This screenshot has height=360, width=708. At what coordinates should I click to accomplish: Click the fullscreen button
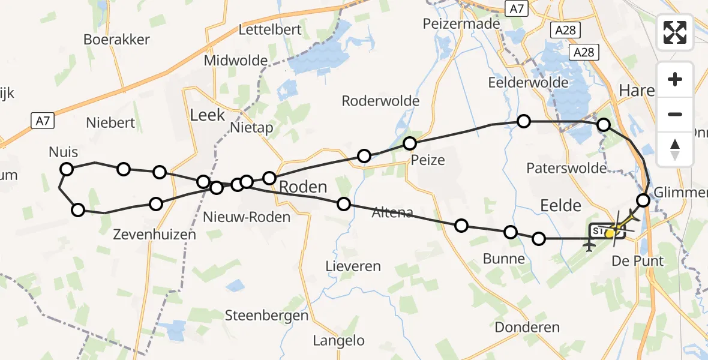tap(675, 32)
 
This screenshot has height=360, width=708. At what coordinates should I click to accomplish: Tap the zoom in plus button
tap(675, 79)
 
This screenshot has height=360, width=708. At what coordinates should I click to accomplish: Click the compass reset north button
tap(675, 148)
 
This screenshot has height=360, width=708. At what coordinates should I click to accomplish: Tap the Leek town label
tap(207, 115)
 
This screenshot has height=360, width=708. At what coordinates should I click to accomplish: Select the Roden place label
tap(303, 187)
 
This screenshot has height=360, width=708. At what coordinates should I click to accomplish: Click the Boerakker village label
tap(116, 40)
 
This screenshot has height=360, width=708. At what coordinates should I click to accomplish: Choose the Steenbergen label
tap(266, 315)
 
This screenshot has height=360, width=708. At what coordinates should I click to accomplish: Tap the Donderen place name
tap(527, 327)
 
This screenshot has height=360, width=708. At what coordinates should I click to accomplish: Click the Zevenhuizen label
tap(154, 235)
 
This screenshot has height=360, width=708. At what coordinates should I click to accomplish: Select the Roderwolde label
tap(380, 101)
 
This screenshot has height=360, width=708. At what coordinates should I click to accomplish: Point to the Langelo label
tap(338, 341)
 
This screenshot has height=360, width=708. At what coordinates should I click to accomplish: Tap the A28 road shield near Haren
tap(583, 52)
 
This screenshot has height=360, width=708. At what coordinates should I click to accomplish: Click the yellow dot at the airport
tap(610, 233)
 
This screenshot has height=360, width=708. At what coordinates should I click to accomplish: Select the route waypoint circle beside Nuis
tap(67, 169)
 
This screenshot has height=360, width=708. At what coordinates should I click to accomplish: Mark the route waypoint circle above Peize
tap(410, 143)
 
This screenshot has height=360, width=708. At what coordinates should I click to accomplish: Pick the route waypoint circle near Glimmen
tap(643, 200)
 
